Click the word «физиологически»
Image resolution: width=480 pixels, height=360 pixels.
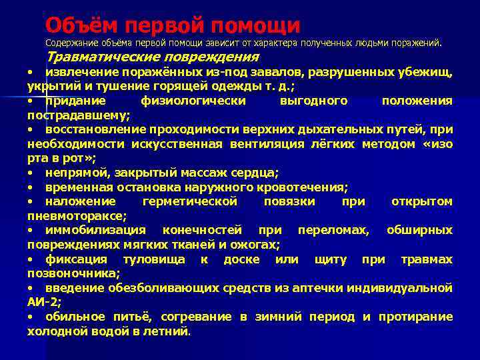point(193,101)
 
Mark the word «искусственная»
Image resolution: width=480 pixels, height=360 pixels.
point(193,144)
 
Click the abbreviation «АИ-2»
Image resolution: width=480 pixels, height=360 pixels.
point(42,302)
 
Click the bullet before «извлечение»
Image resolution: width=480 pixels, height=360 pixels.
point(30,72)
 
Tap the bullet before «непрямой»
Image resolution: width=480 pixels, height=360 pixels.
point(30,173)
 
